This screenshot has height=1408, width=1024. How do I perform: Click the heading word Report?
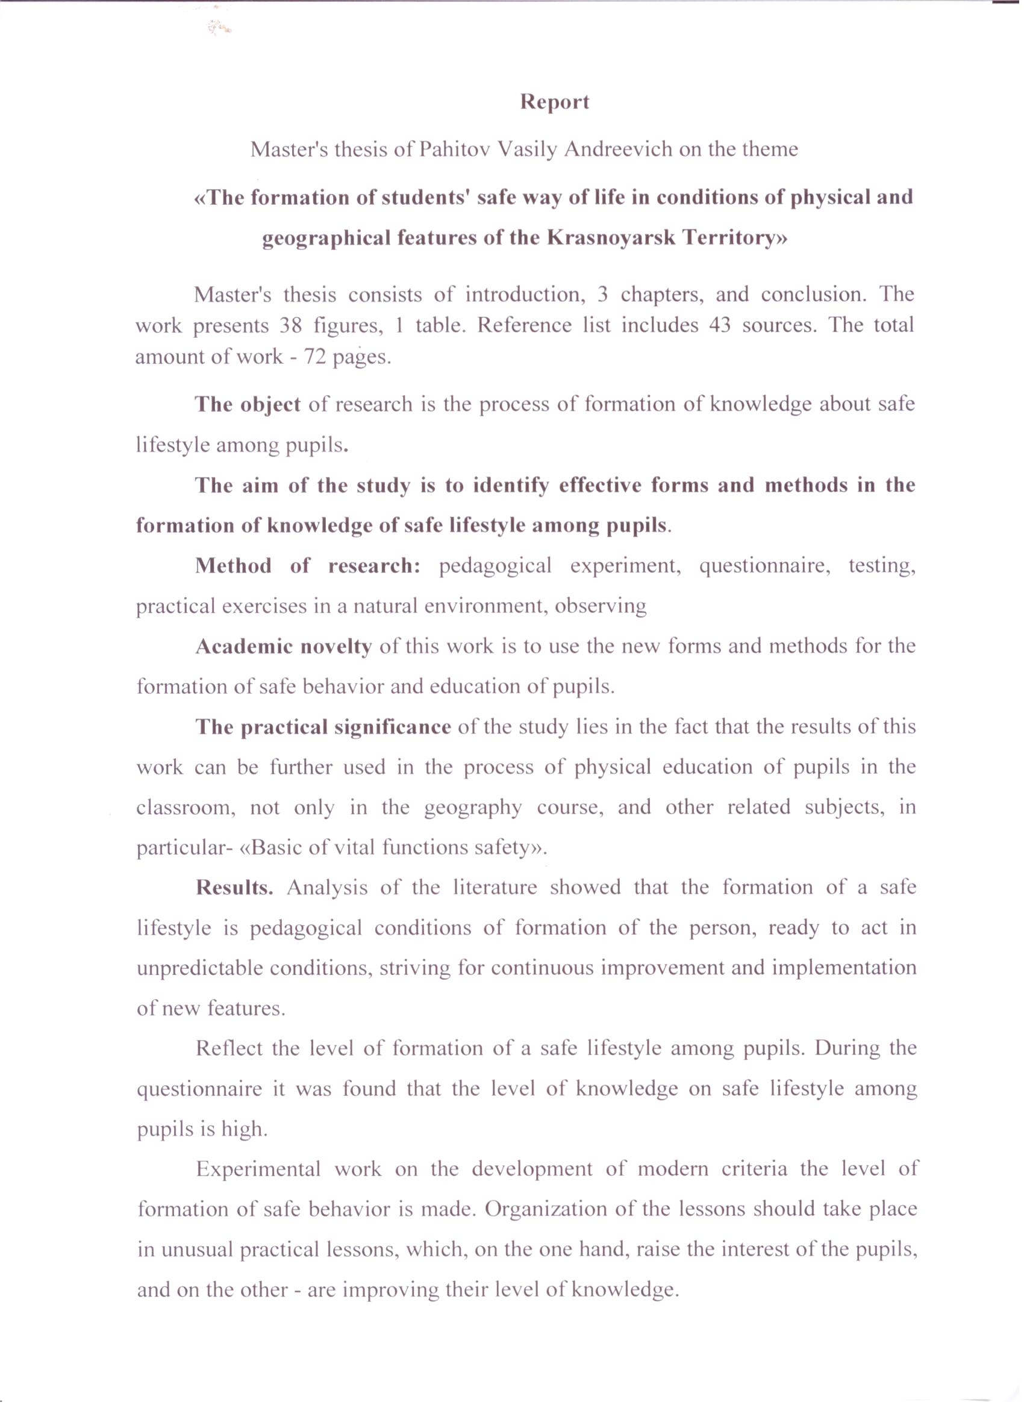pyautogui.click(x=554, y=102)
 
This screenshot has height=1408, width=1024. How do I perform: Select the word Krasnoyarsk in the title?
pyautogui.click(x=610, y=238)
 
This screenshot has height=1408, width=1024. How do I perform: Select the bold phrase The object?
pyautogui.click(x=247, y=405)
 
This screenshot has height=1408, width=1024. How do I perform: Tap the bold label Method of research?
pyautogui.click(x=308, y=565)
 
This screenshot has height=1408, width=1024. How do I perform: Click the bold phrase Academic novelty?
pyautogui.click(x=284, y=647)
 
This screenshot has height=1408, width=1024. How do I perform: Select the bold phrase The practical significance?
pyautogui.click(x=323, y=727)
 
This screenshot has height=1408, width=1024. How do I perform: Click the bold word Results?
pyautogui.click(x=234, y=888)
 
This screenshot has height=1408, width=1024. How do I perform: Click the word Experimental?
pyautogui.click(x=258, y=1169)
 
